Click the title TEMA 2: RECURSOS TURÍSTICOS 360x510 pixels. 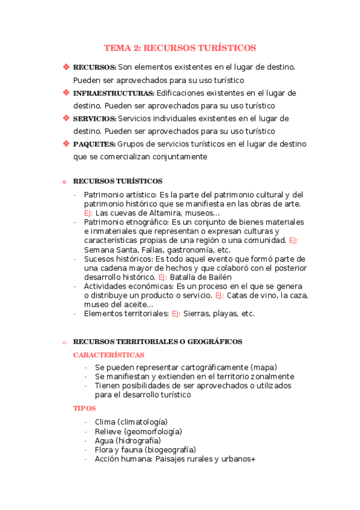pyautogui.click(x=180, y=48)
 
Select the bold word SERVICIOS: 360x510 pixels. pyautogui.click(x=94, y=118)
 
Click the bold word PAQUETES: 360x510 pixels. pyautogui.click(x=94, y=144)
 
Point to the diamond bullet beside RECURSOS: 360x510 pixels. pyautogui.click(x=66, y=67)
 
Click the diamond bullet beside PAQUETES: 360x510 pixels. pyautogui.click(x=66, y=144)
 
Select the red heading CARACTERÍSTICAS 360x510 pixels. pyautogui.click(x=108, y=355)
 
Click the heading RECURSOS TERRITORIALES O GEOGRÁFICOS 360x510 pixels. pyautogui.click(x=157, y=342)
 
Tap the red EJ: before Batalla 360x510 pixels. pyautogui.click(x=163, y=277)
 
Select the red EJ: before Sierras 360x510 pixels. pyautogui.click(x=176, y=313)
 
